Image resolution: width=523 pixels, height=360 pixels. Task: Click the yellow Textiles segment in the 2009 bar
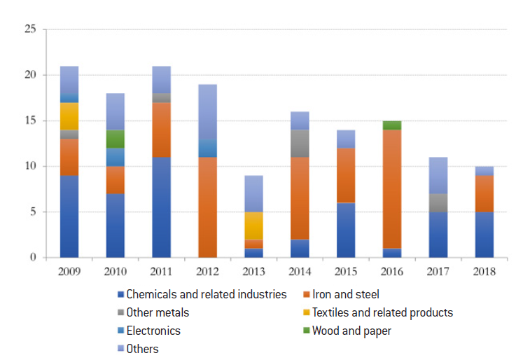(x=69, y=116)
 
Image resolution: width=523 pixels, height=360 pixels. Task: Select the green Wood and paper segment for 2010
(x=115, y=139)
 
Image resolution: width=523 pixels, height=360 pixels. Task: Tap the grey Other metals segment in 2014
(x=300, y=143)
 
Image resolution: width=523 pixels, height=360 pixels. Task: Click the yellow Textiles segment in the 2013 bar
(x=253, y=226)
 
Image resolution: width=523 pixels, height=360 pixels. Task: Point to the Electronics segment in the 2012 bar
(x=207, y=148)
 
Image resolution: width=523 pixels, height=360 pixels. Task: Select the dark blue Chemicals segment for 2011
(x=161, y=207)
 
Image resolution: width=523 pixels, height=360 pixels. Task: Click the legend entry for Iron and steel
(x=345, y=295)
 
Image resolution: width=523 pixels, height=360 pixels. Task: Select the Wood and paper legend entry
(x=350, y=331)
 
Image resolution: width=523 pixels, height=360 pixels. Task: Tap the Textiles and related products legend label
(x=382, y=313)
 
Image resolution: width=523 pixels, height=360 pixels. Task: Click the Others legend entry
(x=142, y=349)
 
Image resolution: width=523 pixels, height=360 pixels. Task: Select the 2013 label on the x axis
(x=253, y=270)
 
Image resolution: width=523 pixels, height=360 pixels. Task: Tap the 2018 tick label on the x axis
(x=484, y=270)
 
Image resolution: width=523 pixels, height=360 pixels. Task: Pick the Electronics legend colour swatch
(x=120, y=331)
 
